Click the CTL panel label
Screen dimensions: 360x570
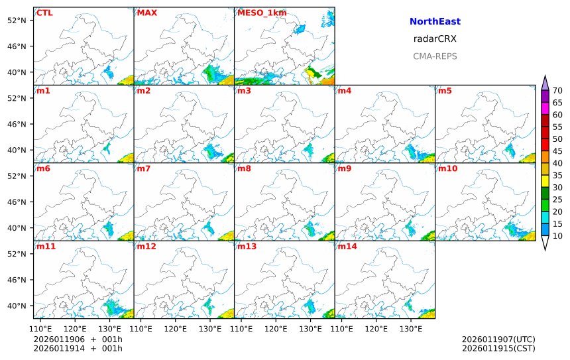44,13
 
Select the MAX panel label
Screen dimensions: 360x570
146,13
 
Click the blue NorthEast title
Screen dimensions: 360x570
435,22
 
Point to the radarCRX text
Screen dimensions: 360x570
435,39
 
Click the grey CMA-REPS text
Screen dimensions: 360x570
435,56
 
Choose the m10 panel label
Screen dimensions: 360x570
447,168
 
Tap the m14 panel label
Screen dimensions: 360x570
347,247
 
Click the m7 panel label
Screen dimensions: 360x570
143,168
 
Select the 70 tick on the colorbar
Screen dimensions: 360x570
557,91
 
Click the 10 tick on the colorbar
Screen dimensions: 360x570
557,236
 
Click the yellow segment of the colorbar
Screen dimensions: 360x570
545,180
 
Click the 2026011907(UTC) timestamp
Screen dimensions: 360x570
498,340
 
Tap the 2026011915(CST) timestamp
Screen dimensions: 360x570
498,349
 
